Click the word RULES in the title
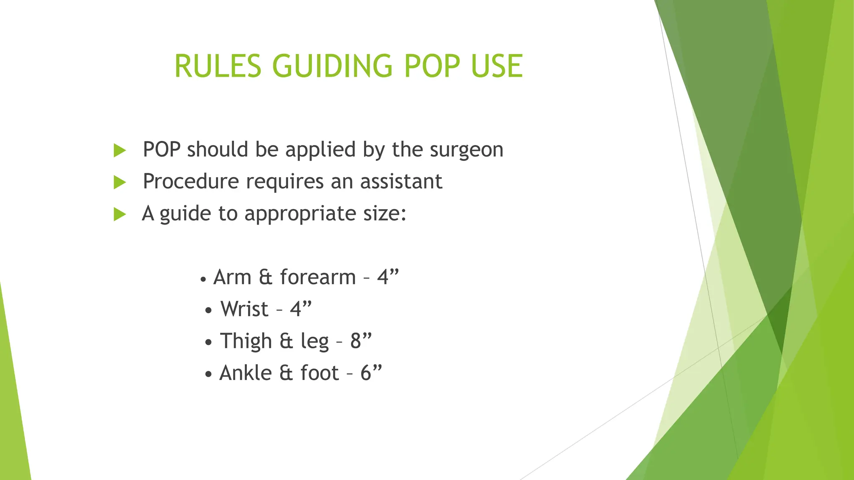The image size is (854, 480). coord(218,66)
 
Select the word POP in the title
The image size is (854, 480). coord(432,66)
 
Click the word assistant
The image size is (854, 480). coord(401,182)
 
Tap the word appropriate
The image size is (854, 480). coord(300,214)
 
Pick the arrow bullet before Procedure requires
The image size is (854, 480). coord(120,182)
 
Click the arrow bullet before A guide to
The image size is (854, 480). coord(120,215)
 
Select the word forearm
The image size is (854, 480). coord(318,277)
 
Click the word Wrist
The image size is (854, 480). coord(244,310)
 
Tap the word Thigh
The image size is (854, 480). coord(246,341)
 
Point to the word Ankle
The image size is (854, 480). coord(246,373)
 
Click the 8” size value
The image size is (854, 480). coord(360,341)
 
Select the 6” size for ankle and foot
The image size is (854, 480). coord(371,372)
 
